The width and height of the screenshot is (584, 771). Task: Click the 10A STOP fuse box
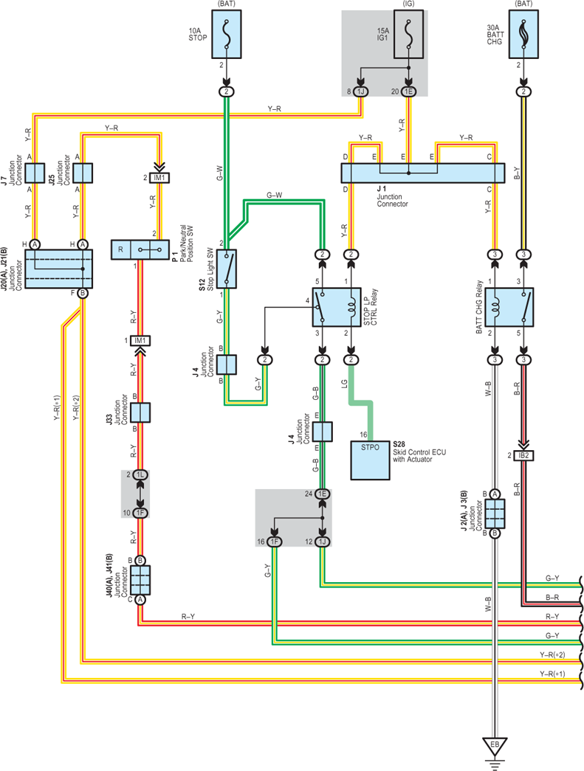coord(227,34)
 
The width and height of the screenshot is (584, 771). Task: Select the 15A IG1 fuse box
coord(408,34)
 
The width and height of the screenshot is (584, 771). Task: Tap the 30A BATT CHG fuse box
coord(523,34)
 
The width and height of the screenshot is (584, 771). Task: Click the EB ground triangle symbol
coord(495,746)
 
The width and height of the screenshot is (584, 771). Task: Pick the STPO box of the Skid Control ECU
coord(370,460)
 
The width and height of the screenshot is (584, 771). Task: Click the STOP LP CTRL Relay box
coord(337,308)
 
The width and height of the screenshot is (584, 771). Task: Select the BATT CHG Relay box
coord(509,308)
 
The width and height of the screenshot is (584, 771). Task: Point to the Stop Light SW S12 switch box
coord(227,269)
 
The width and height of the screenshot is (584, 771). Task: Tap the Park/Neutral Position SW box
coord(140,250)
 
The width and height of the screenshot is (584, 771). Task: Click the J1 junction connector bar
coord(423,173)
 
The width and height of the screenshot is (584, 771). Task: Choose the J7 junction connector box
coord(35,173)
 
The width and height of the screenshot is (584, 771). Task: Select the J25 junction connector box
coord(83,173)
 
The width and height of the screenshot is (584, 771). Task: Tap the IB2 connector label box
coord(523,456)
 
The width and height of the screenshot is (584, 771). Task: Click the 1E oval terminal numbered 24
coord(322,494)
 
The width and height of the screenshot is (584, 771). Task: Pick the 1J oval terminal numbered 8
coord(360,91)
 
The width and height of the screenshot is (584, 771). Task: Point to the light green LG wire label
coord(344,384)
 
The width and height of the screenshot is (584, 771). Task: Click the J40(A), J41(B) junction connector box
coord(140,580)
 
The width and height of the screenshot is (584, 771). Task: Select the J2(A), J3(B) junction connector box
coord(495,514)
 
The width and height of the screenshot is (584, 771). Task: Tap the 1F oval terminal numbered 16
coord(275,542)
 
